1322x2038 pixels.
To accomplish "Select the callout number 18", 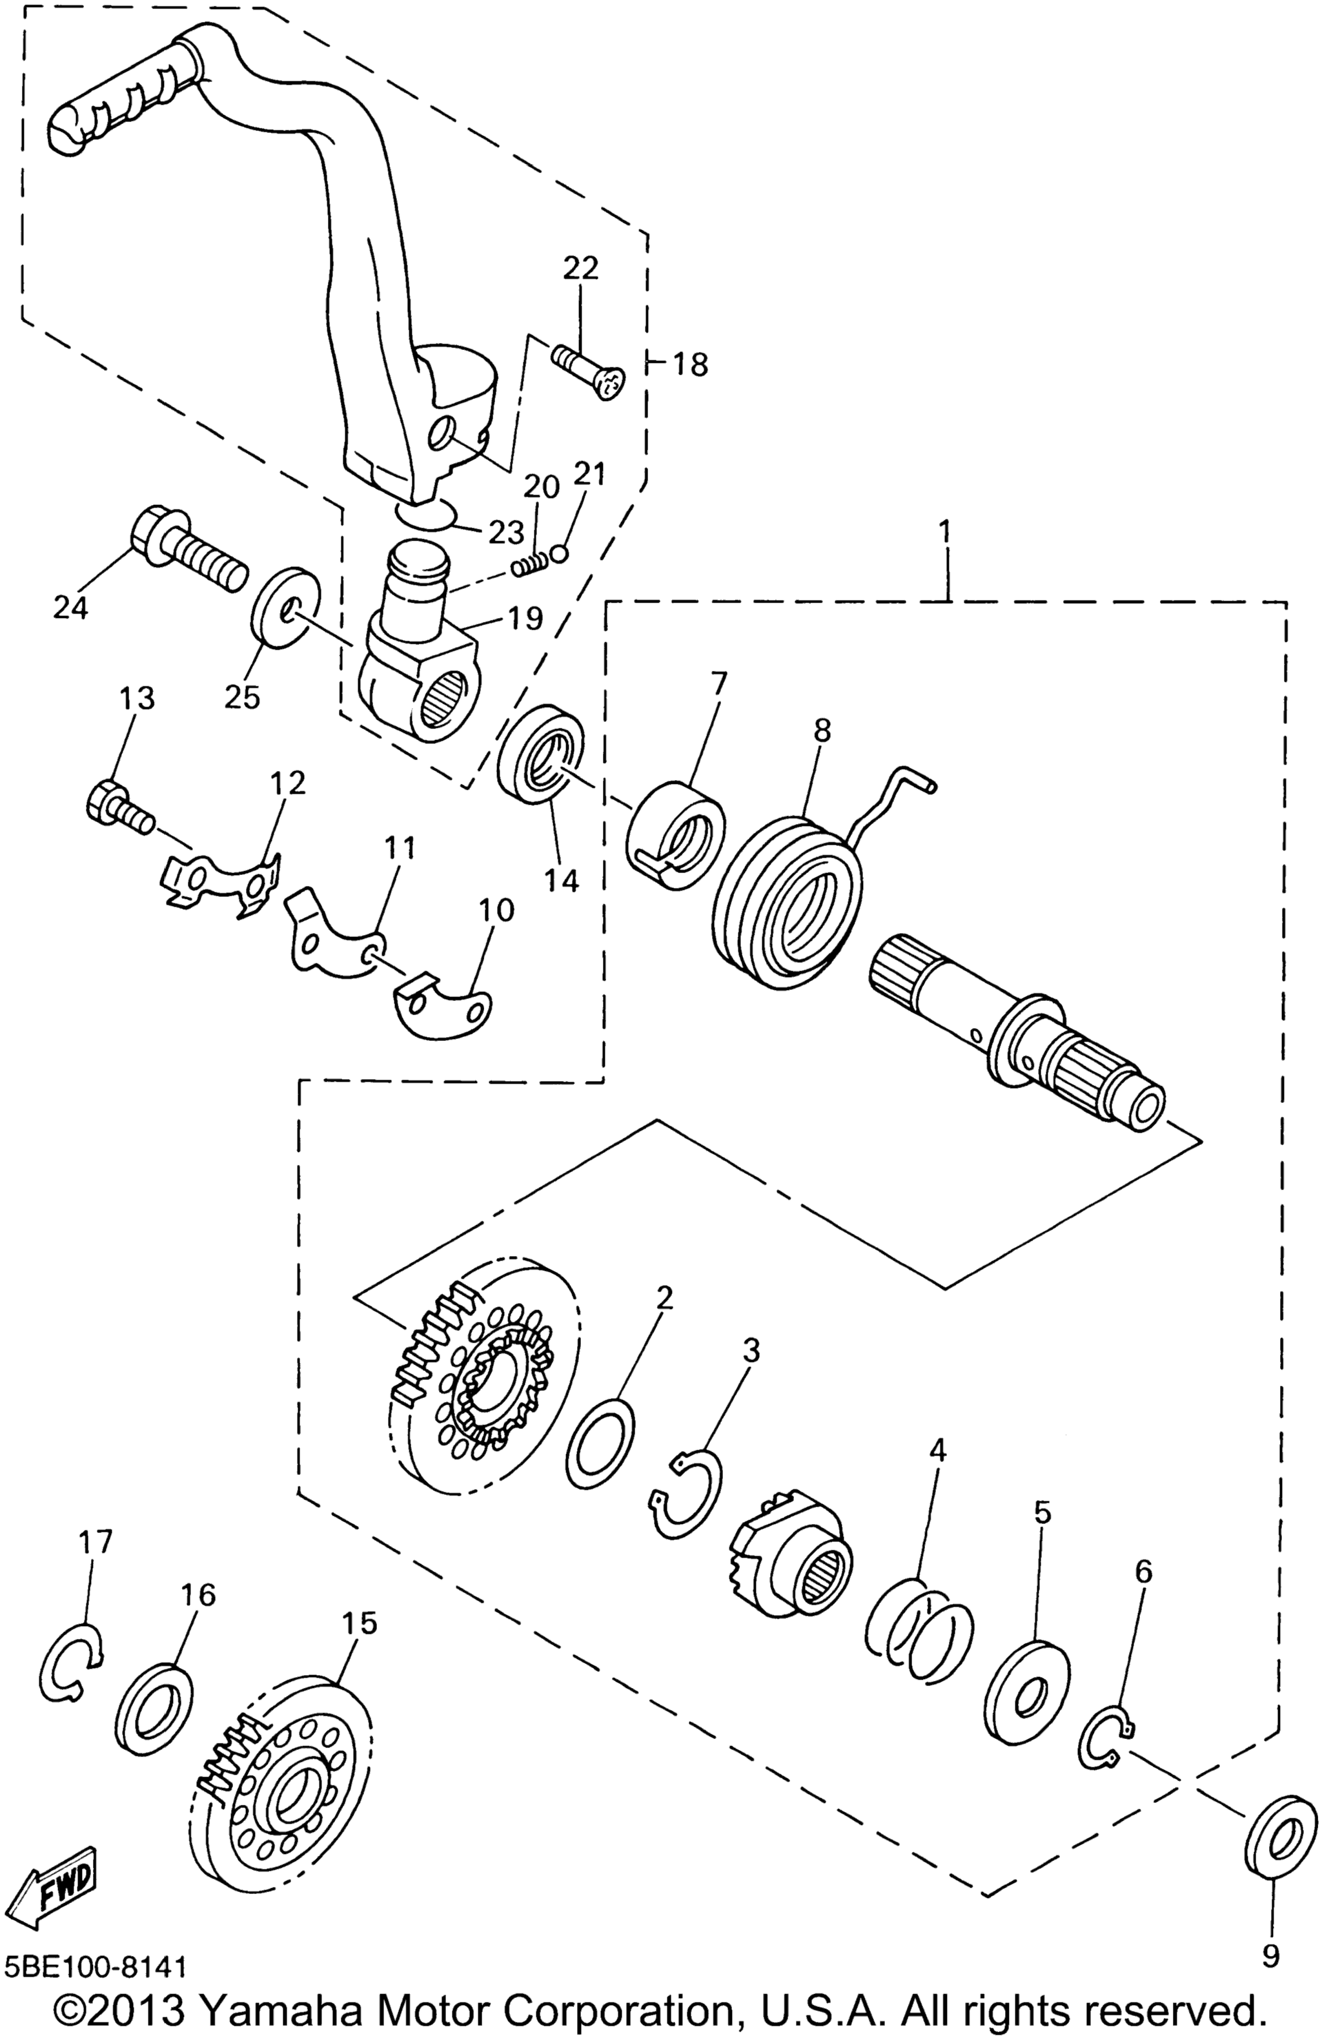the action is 690,365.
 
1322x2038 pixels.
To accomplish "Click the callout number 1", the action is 944,531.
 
